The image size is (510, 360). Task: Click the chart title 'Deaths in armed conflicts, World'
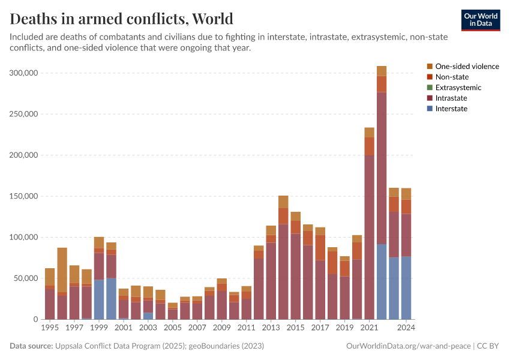coord(122,19)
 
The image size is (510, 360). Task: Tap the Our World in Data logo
coord(480,20)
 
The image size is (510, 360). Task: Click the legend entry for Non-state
coord(452,77)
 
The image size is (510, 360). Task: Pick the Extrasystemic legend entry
coord(458,88)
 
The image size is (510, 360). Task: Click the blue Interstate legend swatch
coord(430,109)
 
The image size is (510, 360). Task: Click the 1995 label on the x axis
coord(50,328)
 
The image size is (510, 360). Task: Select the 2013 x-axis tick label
coord(271,328)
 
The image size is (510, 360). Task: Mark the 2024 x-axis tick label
coord(406,328)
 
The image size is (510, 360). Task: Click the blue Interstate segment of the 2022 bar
coord(382,282)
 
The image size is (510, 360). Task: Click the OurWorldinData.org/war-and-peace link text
coord(409,346)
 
